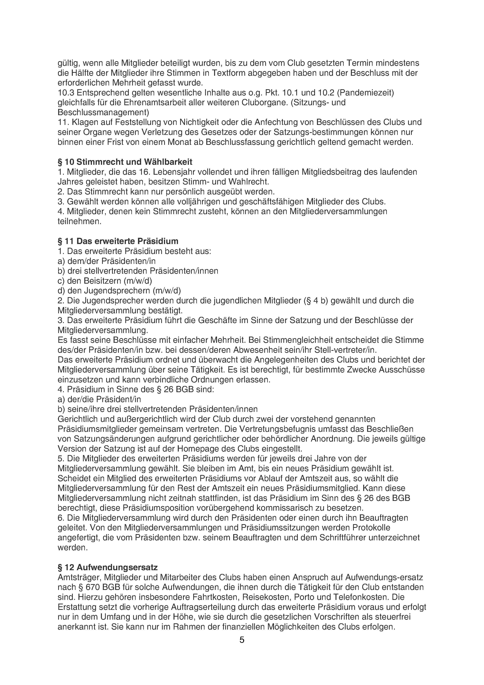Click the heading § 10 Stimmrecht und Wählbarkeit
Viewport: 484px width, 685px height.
tap(125, 162)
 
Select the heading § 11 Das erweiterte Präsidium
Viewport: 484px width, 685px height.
tap(118, 241)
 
